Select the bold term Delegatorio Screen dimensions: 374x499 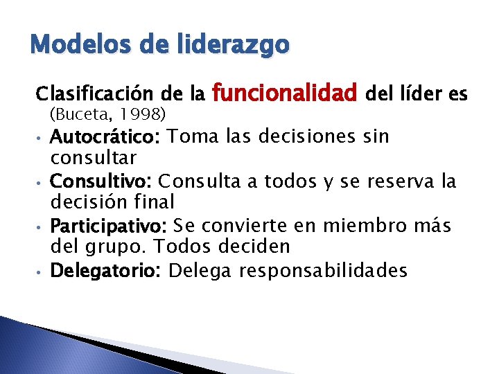[x=105, y=271]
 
